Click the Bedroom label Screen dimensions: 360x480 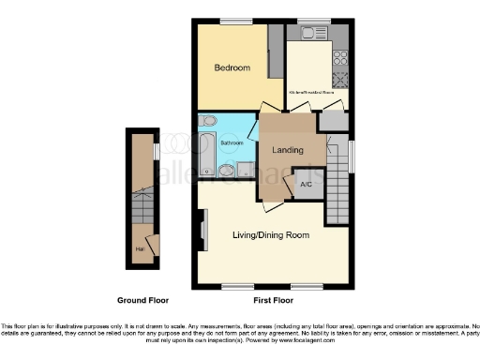[x=232, y=68]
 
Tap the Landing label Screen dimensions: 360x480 [x=287, y=151]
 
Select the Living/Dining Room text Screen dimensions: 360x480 [x=271, y=234]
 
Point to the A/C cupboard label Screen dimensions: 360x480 [x=306, y=185]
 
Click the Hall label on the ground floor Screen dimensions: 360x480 [x=139, y=248]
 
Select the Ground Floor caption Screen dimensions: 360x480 [x=142, y=301]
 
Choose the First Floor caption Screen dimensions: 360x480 [x=274, y=301]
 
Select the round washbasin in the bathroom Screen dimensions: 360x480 [x=207, y=120]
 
